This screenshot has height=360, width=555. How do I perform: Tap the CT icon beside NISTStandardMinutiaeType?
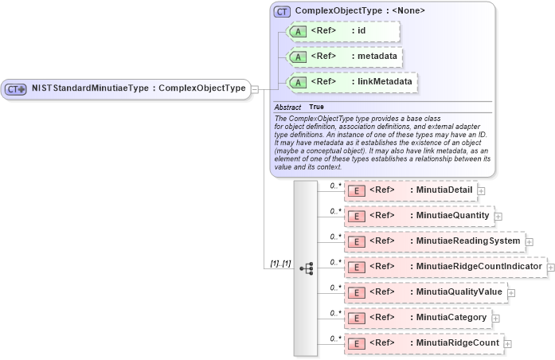[16, 88]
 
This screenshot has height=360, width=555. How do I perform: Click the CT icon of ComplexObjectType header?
[282, 11]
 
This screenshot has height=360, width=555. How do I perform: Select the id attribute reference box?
[343, 31]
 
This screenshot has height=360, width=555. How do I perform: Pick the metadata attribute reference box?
[344, 57]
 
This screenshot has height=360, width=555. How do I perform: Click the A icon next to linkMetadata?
[297, 82]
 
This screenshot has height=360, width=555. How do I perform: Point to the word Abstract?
[287, 107]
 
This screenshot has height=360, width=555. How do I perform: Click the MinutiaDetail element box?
[410, 190]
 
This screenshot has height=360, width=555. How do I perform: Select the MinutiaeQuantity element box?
[418, 216]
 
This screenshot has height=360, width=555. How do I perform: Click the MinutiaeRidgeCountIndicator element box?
[444, 267]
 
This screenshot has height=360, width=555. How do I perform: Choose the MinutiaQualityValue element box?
[425, 292]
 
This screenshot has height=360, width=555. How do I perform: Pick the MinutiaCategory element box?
[417, 318]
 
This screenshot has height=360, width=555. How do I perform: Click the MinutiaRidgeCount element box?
[424, 343]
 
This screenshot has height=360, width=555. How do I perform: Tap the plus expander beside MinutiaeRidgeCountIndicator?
[550, 267]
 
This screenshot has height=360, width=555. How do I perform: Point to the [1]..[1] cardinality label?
[281, 263]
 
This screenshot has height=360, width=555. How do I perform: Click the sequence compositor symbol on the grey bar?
[307, 268]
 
